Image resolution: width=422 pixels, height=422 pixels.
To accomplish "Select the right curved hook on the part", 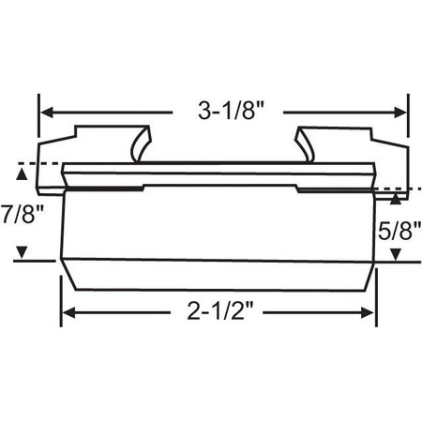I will coord(304,145).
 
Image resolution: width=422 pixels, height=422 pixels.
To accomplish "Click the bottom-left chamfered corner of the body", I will coord(68,274).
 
